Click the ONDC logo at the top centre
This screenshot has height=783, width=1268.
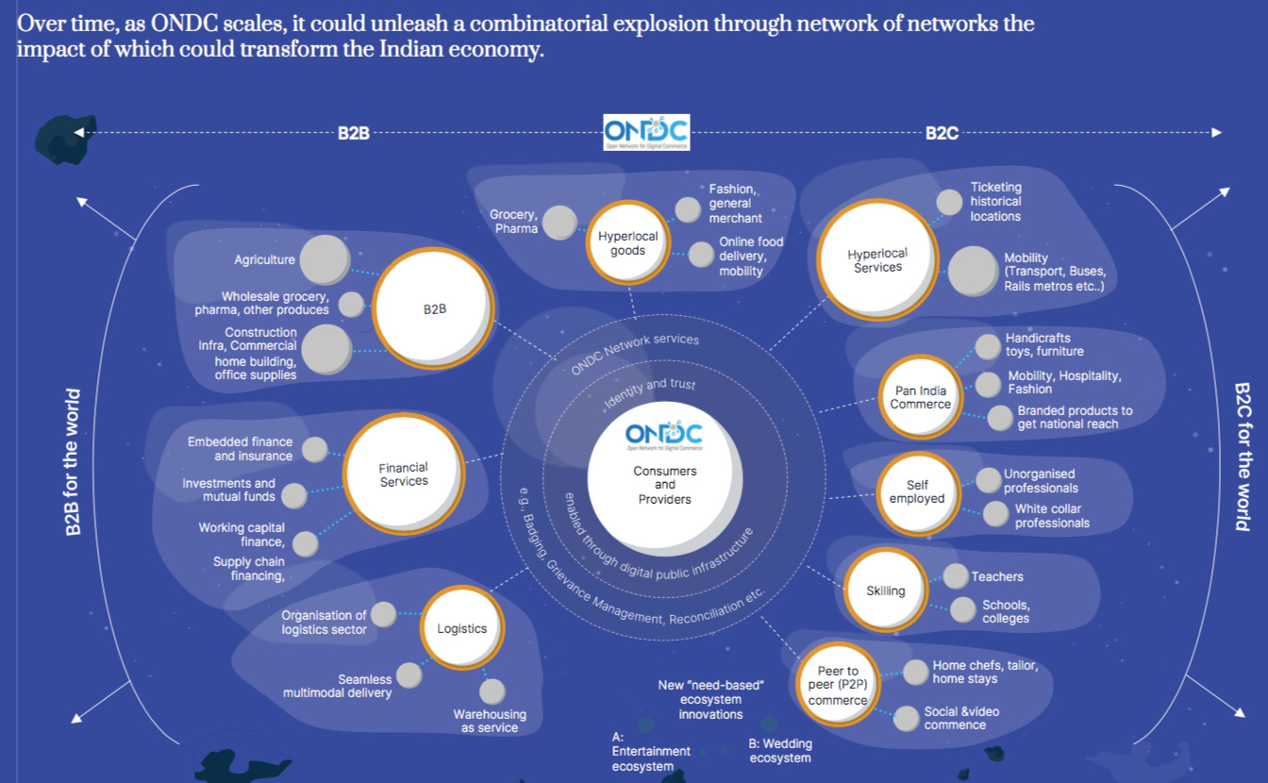(x=646, y=132)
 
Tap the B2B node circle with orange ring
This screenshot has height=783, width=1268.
(x=433, y=308)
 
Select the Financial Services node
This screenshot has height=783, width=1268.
(x=403, y=474)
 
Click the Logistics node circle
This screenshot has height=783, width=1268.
(x=461, y=628)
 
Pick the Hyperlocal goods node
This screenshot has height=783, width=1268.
(x=627, y=243)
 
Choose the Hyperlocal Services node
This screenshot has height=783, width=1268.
(x=876, y=260)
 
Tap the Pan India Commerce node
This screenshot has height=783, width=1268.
(x=921, y=397)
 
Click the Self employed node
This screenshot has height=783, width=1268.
(x=916, y=491)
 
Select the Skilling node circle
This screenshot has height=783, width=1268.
(x=885, y=591)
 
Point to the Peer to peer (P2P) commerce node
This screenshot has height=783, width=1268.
(x=837, y=686)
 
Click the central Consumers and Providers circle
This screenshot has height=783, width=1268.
(x=664, y=472)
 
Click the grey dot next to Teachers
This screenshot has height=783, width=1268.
(x=956, y=576)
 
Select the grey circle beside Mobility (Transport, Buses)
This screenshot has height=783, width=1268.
(x=973, y=272)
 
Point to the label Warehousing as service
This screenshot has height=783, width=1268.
(x=490, y=721)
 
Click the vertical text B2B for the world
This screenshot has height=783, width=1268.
(x=73, y=462)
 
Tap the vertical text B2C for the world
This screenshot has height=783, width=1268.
(x=1243, y=457)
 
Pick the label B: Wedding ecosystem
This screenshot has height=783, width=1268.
(x=780, y=751)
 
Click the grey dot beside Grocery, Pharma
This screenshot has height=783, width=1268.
(x=559, y=222)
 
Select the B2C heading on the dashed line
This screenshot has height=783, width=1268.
(x=942, y=133)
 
